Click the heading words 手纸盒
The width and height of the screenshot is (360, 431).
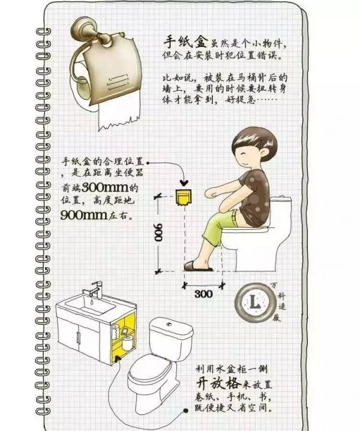(186, 42)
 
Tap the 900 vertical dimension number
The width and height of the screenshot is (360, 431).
(158, 232)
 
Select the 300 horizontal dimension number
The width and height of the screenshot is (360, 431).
(203, 294)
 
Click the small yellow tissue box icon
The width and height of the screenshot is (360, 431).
(183, 197)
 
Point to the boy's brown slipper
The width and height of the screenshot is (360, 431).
(198, 266)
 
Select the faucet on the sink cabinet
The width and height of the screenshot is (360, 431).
(95, 290)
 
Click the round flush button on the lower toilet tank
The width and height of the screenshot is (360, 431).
(169, 325)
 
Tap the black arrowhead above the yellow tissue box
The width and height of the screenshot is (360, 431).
(184, 182)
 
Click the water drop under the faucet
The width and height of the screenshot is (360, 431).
(92, 302)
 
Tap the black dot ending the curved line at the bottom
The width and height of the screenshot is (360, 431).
(186, 411)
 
